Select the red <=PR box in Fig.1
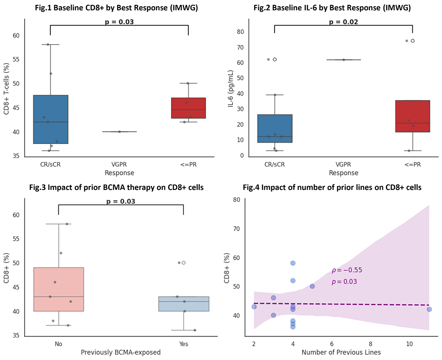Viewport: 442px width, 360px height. coord(188,108)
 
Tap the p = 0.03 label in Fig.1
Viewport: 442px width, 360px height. coord(119,21)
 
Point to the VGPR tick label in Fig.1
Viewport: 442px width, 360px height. coord(119,165)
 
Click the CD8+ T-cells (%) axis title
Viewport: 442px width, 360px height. coord(7,95)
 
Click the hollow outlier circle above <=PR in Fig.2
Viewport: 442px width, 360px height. coord(412,41)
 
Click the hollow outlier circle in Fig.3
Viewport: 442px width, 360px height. coord(183,263)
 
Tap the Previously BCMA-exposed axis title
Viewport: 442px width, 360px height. coord(120,352)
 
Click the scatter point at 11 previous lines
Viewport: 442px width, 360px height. coord(429,309)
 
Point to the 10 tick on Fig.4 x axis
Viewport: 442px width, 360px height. coord(409,344)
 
